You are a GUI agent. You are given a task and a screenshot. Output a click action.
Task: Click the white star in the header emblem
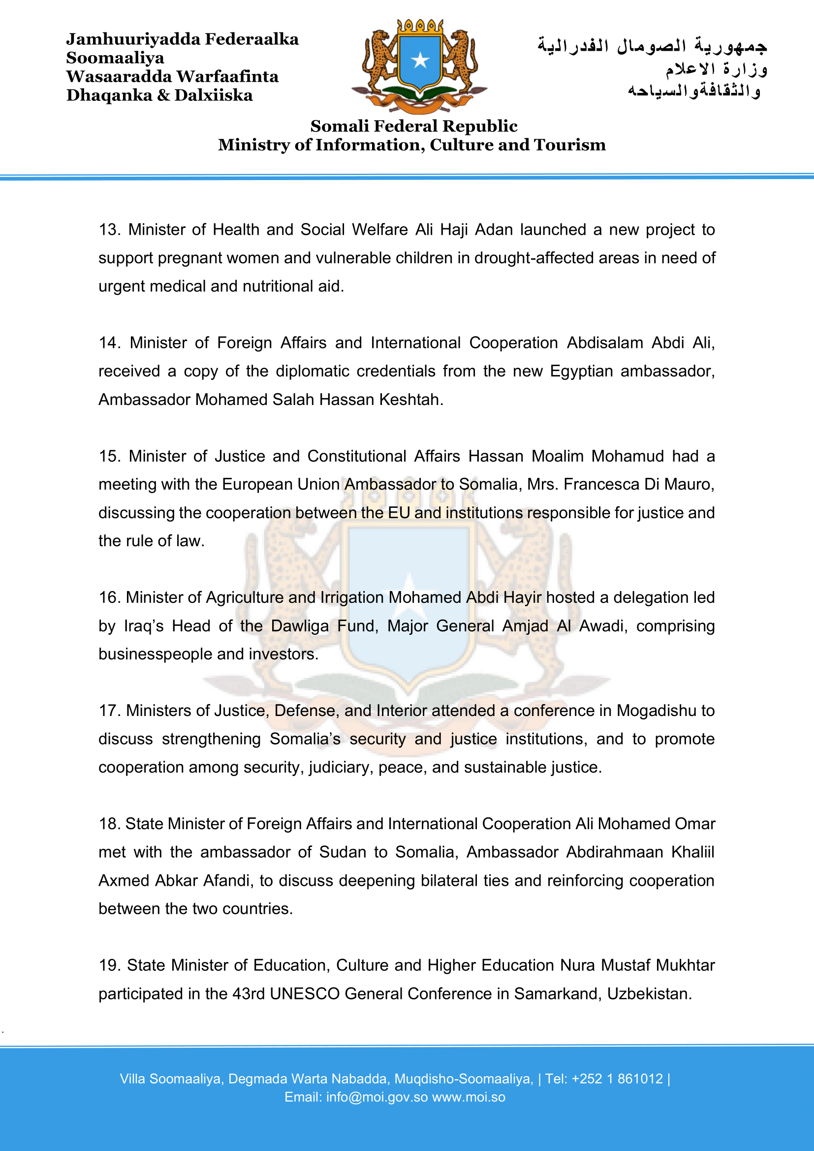(x=419, y=61)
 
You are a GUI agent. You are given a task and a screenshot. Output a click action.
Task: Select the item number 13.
(x=109, y=230)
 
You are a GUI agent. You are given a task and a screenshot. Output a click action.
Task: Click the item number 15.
(x=109, y=456)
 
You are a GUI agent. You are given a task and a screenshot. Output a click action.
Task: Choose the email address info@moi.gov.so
(x=377, y=1097)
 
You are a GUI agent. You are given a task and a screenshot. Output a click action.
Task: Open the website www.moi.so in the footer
(x=469, y=1097)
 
